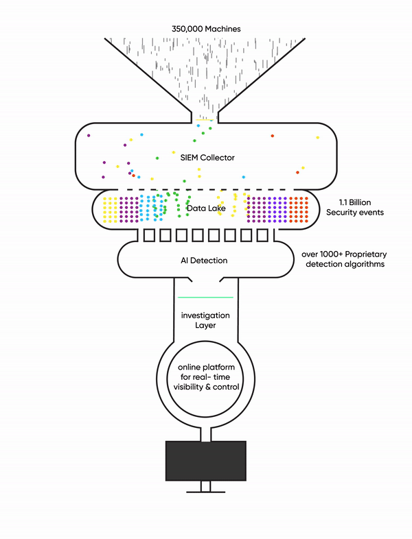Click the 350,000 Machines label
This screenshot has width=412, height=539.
pyautogui.click(x=206, y=29)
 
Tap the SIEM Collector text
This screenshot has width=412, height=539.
pyautogui.click(x=207, y=158)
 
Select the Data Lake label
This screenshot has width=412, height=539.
pyautogui.click(x=206, y=208)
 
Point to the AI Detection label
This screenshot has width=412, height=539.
pyautogui.click(x=204, y=260)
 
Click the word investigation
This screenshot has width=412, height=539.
pyautogui.click(x=205, y=315)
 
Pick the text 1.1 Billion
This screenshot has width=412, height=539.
pyautogui.click(x=355, y=202)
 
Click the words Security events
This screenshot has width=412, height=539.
pyautogui.click(x=355, y=212)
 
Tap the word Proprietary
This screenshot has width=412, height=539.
pyautogui.click(x=365, y=254)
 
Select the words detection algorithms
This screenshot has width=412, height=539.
pyautogui.click(x=345, y=264)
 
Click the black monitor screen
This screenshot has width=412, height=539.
pyautogui.click(x=206, y=461)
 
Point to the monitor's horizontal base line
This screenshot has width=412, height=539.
pyautogui.click(x=206, y=492)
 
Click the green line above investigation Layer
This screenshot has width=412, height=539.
pyautogui.click(x=205, y=298)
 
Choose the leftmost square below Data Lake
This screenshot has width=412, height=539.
pyautogui.click(x=149, y=235)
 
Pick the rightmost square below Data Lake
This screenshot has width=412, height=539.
pyautogui.click(x=262, y=235)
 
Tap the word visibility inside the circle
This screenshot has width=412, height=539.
pyautogui.click(x=188, y=387)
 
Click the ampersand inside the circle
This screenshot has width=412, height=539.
pyautogui.click(x=208, y=387)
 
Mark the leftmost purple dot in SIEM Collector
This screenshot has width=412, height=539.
pyautogui.click(x=89, y=136)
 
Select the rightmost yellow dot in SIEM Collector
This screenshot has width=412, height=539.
pyautogui.click(x=317, y=138)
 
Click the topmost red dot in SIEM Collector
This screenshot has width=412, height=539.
pyautogui.click(x=272, y=136)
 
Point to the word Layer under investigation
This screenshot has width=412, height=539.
pyautogui.click(x=205, y=325)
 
